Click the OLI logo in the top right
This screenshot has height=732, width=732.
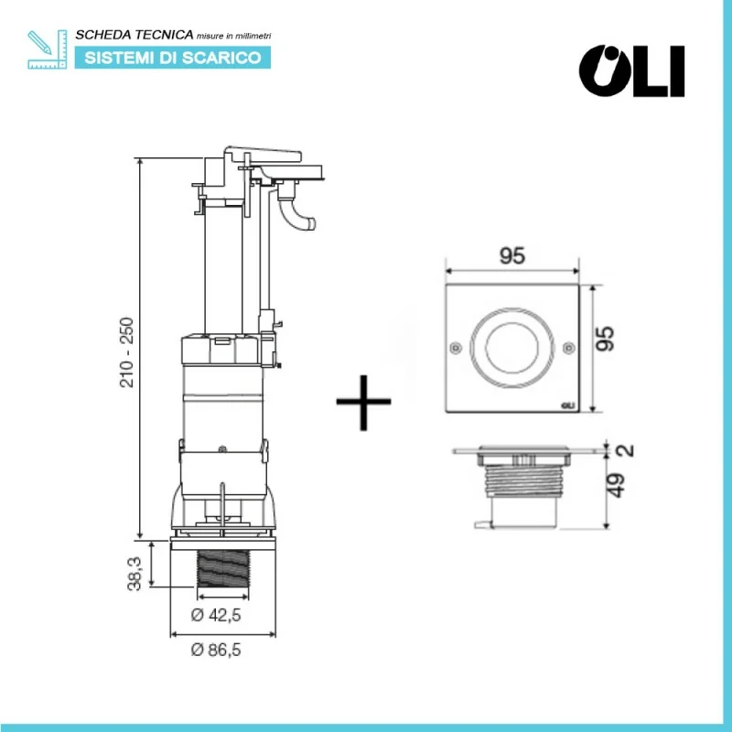point(632,70)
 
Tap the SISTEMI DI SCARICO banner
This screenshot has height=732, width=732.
point(172,58)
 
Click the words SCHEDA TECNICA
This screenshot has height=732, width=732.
point(134,36)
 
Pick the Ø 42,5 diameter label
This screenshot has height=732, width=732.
point(216,616)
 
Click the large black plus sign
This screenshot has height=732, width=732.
point(363,401)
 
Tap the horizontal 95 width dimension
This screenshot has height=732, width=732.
point(513,256)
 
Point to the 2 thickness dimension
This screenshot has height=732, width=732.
point(621,450)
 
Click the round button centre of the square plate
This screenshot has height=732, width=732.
point(512,348)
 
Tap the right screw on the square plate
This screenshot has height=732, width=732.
point(569,347)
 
